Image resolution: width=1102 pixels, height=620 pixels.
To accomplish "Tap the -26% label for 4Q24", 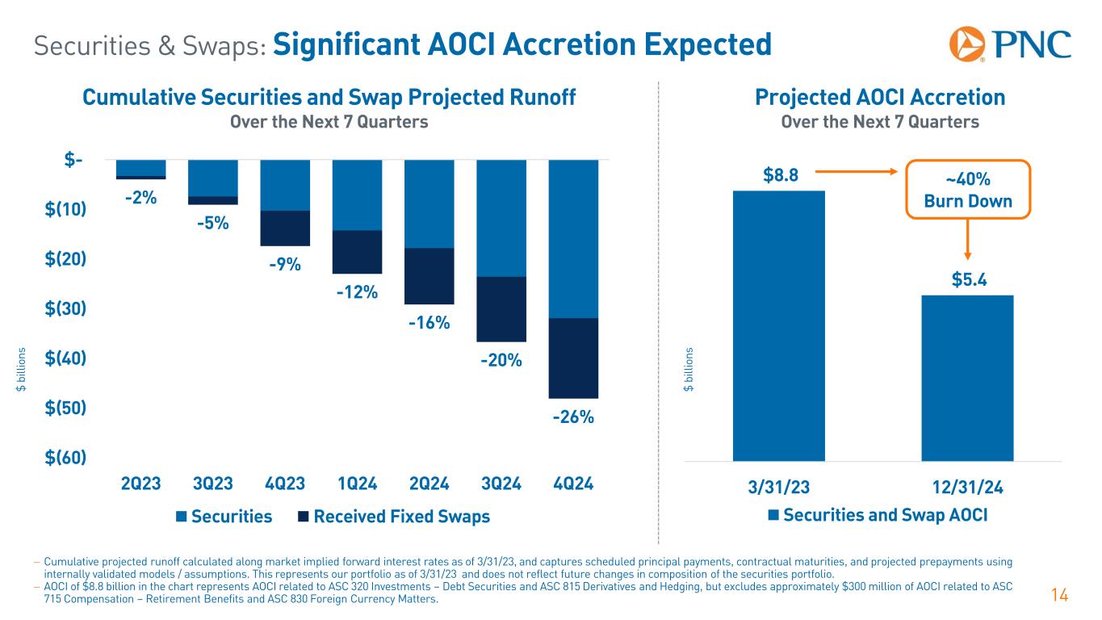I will click(573, 417).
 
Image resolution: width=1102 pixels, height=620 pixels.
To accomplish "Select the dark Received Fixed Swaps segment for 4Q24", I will click(573, 358).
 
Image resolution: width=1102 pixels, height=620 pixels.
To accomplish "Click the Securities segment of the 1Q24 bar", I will click(357, 195).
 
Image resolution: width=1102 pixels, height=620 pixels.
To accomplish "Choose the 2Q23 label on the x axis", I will click(141, 485).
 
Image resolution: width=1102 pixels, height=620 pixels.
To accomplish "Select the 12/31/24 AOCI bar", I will click(966, 377).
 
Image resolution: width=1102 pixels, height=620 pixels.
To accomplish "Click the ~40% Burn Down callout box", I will click(968, 190).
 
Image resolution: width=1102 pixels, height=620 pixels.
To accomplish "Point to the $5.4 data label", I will click(967, 280).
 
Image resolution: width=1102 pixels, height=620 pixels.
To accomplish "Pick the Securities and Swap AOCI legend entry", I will click(878, 515).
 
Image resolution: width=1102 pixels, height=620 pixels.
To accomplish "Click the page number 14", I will click(1060, 596).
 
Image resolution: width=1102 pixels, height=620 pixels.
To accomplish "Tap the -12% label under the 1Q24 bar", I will click(357, 291).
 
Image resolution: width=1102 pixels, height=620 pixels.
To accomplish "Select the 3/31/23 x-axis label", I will click(778, 488).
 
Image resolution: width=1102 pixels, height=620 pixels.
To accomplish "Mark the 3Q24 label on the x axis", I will click(501, 485).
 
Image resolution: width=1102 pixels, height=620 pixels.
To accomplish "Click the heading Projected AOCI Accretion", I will click(879, 98).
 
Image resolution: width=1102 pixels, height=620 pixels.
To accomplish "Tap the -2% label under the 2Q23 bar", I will click(140, 197).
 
